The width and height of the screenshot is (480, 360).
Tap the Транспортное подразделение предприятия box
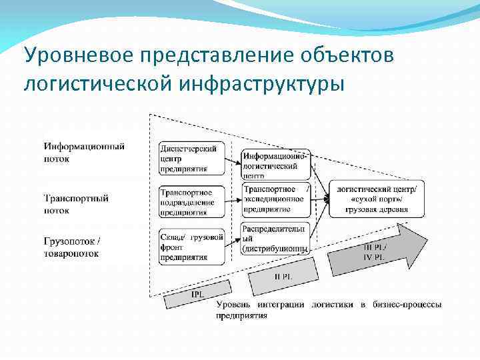(192, 201)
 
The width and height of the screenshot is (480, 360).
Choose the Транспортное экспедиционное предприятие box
(276, 199)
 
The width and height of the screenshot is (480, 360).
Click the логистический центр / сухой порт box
(377, 199)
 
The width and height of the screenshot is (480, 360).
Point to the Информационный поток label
(84, 152)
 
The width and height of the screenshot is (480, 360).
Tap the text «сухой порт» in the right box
(376, 199)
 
